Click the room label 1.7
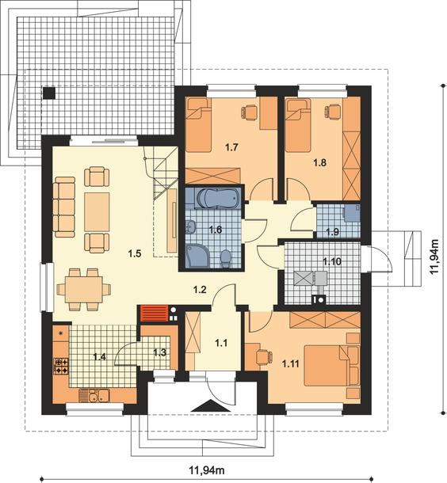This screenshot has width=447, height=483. (x=231, y=147)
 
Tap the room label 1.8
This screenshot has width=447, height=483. (x=320, y=162)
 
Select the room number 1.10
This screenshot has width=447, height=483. (x=332, y=262)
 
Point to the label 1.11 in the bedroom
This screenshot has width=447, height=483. (x=291, y=363)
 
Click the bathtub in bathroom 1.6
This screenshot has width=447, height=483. (x=218, y=198)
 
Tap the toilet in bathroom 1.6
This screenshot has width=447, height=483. (x=226, y=258)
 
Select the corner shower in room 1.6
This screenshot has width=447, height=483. (x=197, y=256)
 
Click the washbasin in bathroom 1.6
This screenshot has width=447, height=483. (x=191, y=226)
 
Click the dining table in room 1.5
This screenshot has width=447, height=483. (x=83, y=289)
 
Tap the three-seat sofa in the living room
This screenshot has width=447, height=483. (x=65, y=207)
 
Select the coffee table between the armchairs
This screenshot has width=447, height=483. (x=97, y=212)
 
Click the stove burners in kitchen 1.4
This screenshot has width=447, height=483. (x=61, y=366)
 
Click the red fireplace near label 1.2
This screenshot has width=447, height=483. (x=154, y=314)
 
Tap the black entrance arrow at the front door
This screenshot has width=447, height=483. (x=211, y=405)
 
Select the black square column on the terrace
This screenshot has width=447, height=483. (x=48, y=93)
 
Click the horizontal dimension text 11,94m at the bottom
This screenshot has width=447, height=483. (x=207, y=470)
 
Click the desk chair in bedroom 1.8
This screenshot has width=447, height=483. (x=332, y=111)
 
